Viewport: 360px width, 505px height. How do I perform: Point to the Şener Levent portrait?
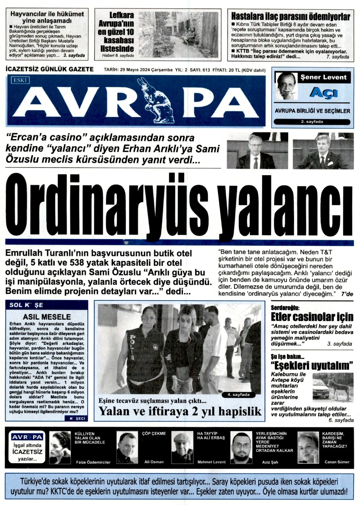286,86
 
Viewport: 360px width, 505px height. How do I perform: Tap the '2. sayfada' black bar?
312,122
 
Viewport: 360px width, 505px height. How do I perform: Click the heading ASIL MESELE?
47,317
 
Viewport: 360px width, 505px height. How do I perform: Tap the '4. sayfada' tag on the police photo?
240,395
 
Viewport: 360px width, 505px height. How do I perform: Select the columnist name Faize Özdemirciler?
93,462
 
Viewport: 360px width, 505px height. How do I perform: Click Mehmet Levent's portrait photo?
182,448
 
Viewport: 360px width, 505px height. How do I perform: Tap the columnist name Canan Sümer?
337,462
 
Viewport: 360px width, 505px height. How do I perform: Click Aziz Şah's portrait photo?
241,448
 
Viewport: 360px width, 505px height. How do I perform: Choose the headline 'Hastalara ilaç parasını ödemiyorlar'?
291,16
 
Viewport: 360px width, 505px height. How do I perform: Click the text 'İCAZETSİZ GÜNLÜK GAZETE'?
50,69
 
